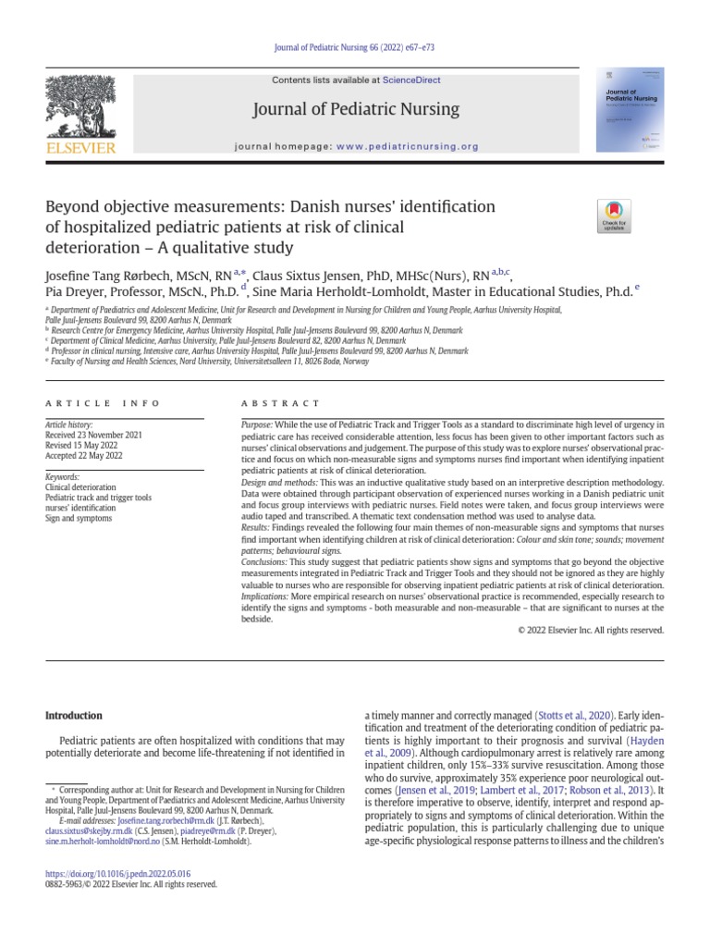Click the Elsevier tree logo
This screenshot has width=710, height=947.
click(x=80, y=106)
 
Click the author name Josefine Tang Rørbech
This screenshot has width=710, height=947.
click(x=117, y=276)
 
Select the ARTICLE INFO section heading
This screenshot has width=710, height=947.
click(x=102, y=403)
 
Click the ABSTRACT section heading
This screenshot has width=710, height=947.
click(x=280, y=403)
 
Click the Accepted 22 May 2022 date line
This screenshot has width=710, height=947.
click(x=84, y=455)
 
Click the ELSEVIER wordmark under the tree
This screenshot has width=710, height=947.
click(x=80, y=147)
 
